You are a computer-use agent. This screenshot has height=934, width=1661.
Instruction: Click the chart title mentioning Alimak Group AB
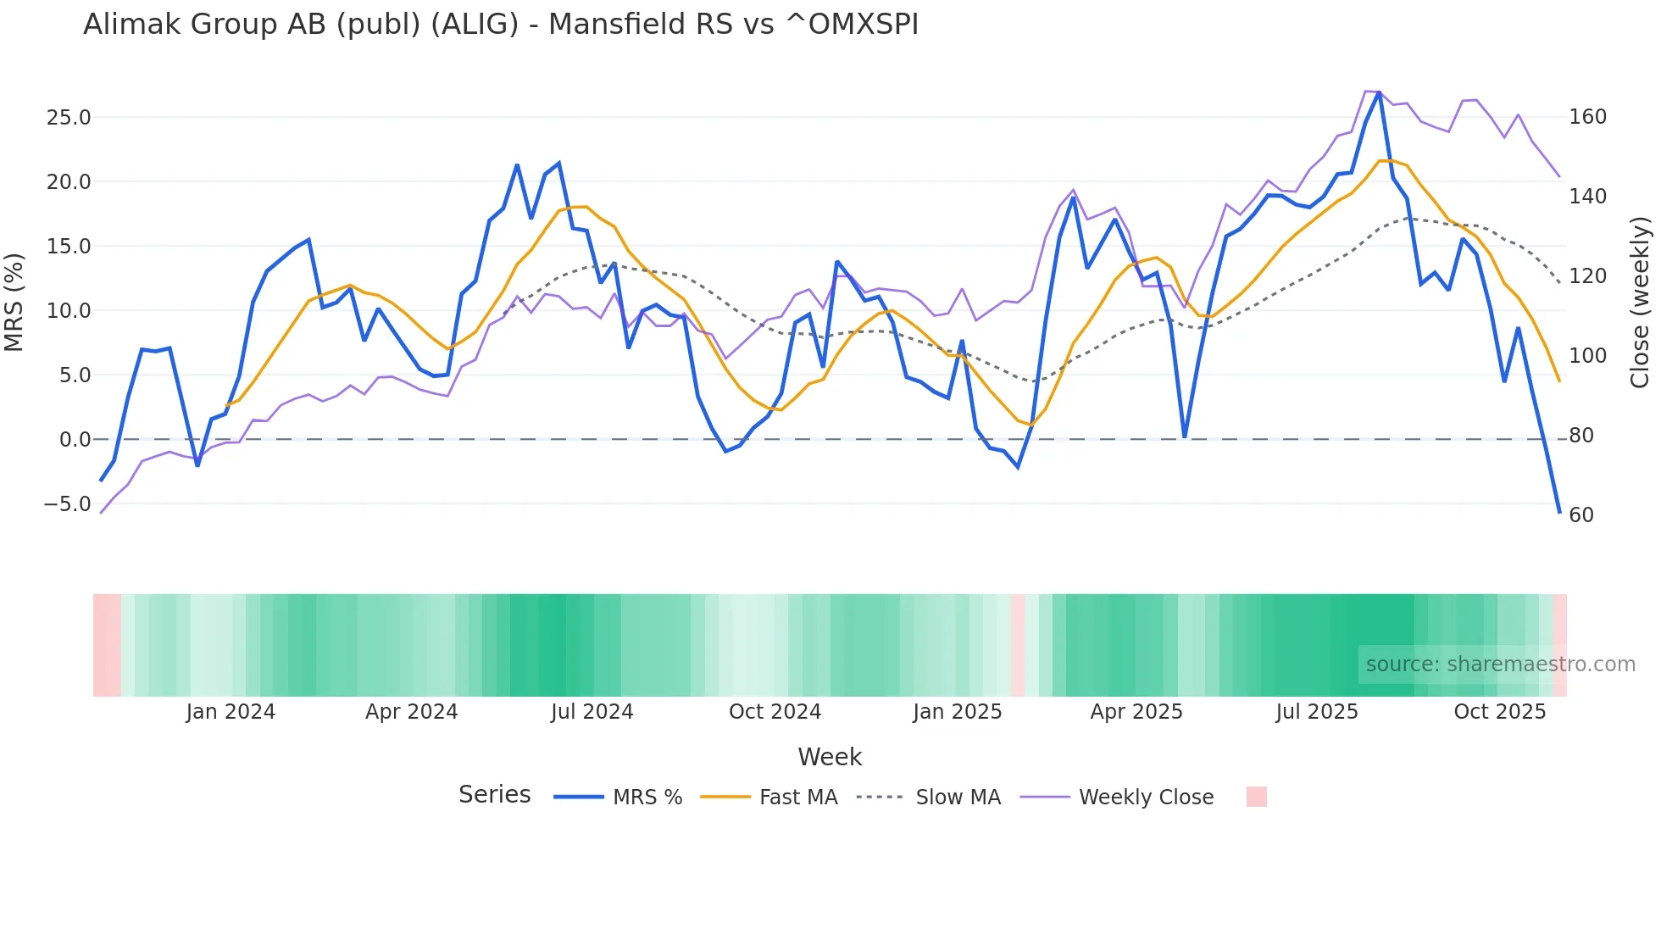(500, 25)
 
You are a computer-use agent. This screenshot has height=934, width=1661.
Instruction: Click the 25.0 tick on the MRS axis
(68, 118)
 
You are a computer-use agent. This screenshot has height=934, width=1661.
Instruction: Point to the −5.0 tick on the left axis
(68, 504)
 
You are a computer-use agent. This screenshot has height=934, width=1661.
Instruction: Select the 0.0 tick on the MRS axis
(75, 440)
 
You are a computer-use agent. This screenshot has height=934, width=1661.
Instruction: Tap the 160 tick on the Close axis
(1587, 117)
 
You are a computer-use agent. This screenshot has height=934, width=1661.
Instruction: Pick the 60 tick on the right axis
(1581, 515)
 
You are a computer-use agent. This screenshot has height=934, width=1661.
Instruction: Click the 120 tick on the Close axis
(1587, 276)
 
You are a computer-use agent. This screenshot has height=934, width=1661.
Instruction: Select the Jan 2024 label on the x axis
(231, 712)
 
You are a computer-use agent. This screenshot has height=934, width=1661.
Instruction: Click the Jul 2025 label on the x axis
(1317, 712)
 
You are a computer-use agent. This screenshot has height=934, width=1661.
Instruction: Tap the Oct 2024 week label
(775, 712)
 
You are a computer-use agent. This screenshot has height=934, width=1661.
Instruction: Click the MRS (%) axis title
(14, 303)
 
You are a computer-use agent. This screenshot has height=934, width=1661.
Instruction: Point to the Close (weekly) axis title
(1641, 303)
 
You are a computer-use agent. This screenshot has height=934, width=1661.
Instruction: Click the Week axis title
(830, 757)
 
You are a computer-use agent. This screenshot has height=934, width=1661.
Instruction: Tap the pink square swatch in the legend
(1257, 797)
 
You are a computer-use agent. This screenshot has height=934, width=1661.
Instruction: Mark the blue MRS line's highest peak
(1379, 92)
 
